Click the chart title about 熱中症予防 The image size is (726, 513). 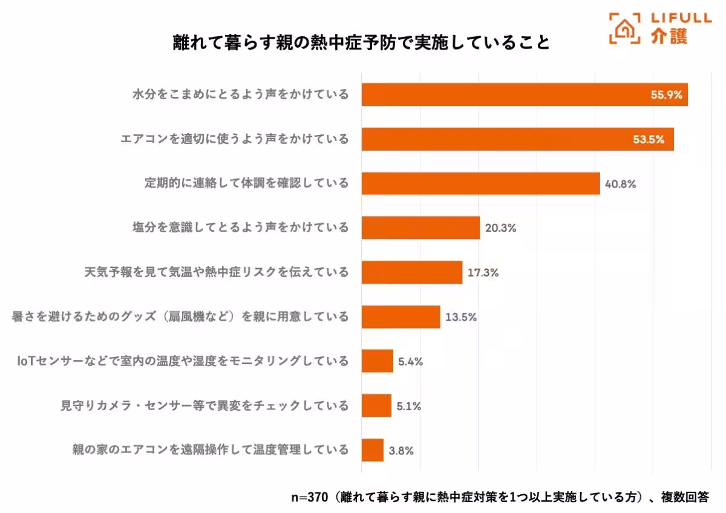coord(361,44)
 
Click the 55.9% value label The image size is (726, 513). coord(666,95)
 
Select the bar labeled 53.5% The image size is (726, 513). coord(517,139)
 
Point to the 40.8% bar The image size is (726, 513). coord(480,183)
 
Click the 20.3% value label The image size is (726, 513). coord(500,228)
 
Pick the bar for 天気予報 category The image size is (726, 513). coord(411,272)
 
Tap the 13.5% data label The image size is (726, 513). coord(462,317)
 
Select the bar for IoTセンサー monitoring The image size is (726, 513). coord(377,361)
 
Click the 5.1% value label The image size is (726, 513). coord(409,406)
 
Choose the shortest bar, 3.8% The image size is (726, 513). coord(372,450)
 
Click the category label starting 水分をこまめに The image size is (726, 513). coord(240,95)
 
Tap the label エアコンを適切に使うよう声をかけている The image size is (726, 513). coord(235,139)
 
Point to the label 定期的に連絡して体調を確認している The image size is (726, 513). coord(246,183)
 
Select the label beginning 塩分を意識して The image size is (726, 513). coord(240,228)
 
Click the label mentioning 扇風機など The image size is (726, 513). coord(180,317)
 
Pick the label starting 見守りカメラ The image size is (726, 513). coord(204,406)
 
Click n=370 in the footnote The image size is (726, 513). coord(310,497)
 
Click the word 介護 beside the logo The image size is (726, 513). coord(670,37)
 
